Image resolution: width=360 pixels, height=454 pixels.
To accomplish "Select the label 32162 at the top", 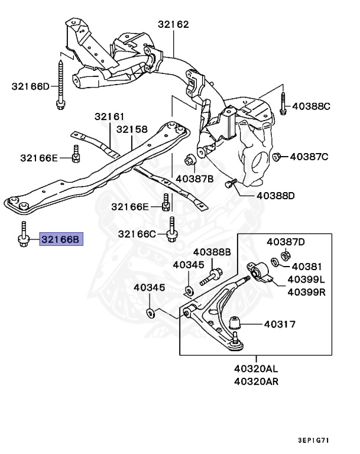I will click(173, 24).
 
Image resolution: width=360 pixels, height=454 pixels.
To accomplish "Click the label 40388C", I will click(310, 106).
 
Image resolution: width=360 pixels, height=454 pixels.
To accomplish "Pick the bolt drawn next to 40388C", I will click(283, 102).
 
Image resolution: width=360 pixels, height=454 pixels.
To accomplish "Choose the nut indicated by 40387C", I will click(276, 157).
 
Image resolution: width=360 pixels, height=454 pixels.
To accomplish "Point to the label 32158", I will click(132, 129).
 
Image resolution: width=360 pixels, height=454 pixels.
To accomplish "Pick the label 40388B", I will click(212, 252).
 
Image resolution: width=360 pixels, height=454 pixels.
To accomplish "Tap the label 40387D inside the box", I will click(286, 241).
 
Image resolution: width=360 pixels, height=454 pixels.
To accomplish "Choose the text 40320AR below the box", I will click(256, 381).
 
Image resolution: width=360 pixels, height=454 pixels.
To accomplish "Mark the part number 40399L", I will click(307, 279).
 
